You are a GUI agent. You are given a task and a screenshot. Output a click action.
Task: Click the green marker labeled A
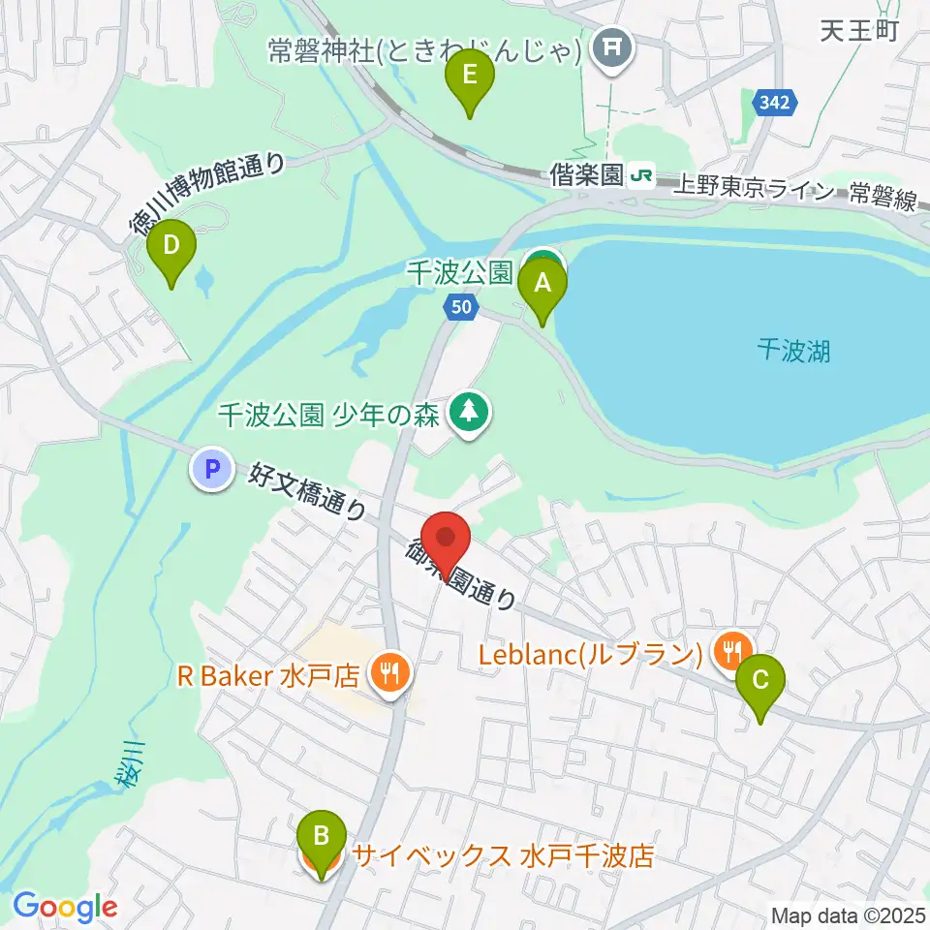click(x=542, y=287)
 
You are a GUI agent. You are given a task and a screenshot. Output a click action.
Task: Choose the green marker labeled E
click(x=470, y=78)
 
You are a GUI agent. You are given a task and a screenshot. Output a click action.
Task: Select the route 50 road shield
click(x=462, y=307)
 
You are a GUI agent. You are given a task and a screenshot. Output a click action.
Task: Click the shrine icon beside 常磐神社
click(x=613, y=45)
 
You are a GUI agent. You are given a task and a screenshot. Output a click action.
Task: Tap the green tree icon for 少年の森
click(x=471, y=414)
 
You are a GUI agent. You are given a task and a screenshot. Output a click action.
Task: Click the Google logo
click(x=65, y=907)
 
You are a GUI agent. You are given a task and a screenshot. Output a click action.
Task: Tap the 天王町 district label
click(x=860, y=30)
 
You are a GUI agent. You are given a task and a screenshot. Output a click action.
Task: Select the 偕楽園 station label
click(x=584, y=175)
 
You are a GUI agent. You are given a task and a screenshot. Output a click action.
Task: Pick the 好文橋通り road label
click(x=307, y=491)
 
